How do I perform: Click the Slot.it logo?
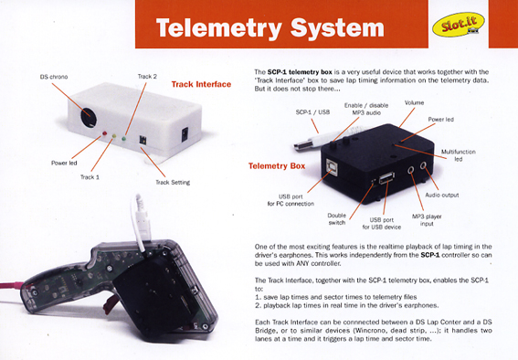459,24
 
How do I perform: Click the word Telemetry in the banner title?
219,28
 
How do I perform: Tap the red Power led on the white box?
105,133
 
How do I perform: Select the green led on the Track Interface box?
124,138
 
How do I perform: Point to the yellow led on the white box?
114,136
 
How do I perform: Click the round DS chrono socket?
89,117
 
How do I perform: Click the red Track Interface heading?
201,84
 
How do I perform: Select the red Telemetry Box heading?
277,165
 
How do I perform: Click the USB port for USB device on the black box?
386,177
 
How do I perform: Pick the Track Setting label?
173,183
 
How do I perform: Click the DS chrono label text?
54,77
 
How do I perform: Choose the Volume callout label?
414,102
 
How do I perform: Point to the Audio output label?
442,195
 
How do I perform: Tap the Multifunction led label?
459,155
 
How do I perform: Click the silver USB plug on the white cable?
303,145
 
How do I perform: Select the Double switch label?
337,219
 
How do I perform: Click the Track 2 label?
147,76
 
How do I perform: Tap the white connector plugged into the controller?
143,221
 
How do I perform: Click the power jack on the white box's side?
185,134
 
